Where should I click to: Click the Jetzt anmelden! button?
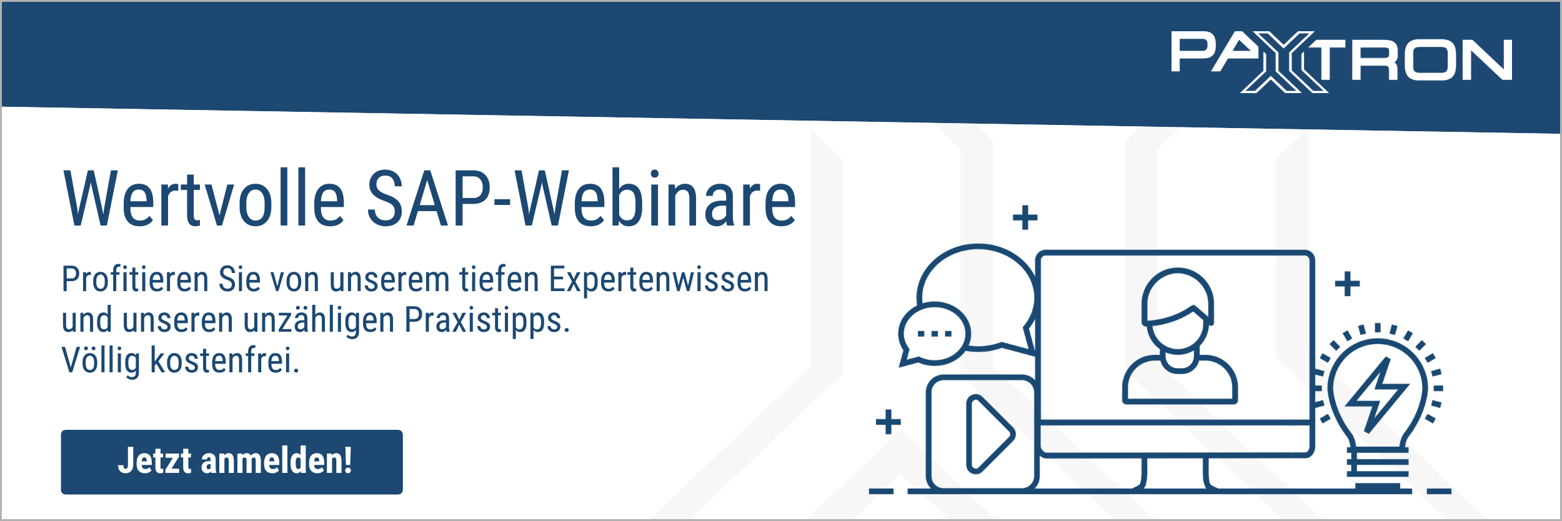coord(232,462)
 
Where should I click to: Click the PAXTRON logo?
coord(1341,62)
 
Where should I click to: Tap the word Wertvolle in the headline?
coord(204,199)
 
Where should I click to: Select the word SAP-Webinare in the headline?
coord(582,199)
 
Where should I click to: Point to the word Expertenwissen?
coord(659,279)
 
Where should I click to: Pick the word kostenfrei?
coord(225,360)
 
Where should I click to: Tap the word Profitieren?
coord(134,279)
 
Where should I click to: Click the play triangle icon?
coord(990,434)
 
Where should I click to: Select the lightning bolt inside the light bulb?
coord(1377,395)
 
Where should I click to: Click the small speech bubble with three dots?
coord(934,334)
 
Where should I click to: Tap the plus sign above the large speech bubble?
coord(1025,217)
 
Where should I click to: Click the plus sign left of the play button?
coord(888,422)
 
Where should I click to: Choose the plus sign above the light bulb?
coord(1348,284)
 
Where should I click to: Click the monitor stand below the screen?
coord(1175,474)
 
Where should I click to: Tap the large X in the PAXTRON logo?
coord(1284,62)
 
